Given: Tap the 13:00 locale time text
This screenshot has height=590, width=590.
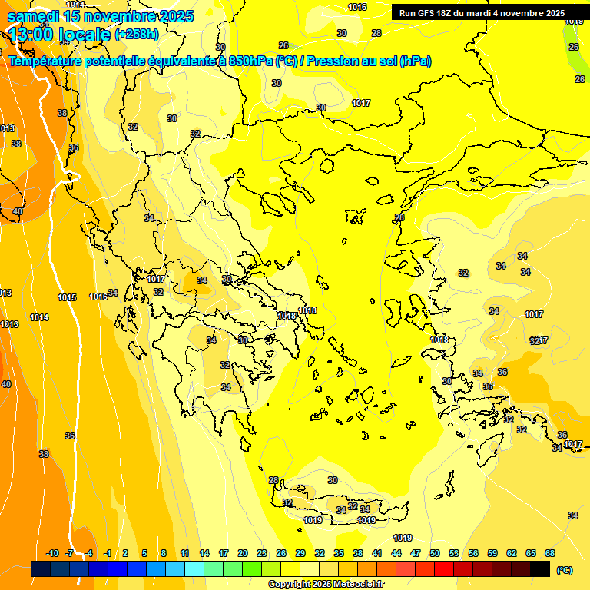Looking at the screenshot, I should (x=58, y=35).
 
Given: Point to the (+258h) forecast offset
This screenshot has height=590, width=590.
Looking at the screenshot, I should (x=137, y=35).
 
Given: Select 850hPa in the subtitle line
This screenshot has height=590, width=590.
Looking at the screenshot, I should (x=250, y=61).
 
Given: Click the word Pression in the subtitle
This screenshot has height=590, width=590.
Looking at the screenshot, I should (x=333, y=61).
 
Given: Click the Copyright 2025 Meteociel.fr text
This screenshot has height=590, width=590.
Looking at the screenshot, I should (x=325, y=585).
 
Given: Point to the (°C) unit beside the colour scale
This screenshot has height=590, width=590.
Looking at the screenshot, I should (x=564, y=570).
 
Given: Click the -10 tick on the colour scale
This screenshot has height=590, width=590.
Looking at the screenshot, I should (x=52, y=553).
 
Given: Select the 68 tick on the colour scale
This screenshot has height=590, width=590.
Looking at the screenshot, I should (x=550, y=553).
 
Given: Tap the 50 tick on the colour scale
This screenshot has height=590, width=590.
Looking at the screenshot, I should (x=435, y=553).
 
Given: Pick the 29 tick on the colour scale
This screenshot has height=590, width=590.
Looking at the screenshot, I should (x=300, y=553).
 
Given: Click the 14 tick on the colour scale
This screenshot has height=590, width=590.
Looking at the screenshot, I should (x=204, y=553).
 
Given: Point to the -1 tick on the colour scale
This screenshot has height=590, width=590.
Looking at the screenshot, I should (x=108, y=553).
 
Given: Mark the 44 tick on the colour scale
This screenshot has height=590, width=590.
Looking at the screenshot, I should (x=396, y=553).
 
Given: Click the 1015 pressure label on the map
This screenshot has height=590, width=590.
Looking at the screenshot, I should (x=67, y=297).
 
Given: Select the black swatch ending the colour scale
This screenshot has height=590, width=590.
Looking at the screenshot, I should (x=540, y=569).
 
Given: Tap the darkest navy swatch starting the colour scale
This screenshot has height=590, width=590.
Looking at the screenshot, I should (x=41, y=569).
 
